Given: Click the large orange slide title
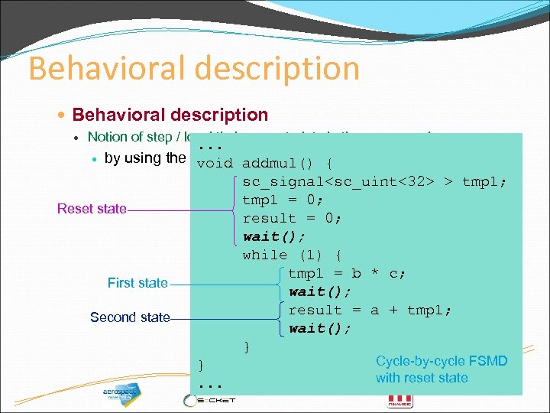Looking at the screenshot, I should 194,68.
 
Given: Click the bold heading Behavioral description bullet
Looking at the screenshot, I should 170,115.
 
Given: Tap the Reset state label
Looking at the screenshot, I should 92,209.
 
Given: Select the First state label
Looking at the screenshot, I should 137,283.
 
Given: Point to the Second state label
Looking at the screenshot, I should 130,317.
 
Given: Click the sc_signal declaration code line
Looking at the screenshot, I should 374,181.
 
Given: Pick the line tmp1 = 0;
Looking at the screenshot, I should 283,200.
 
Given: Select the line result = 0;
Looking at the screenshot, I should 292,218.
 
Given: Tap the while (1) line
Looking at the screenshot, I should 292,255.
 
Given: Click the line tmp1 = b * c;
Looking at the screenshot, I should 347,273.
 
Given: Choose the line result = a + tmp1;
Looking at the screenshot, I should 370,310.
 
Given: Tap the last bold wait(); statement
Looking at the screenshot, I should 320,328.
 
